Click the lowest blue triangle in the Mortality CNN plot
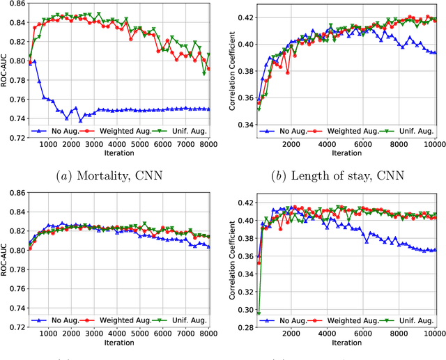coord(80,120)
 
